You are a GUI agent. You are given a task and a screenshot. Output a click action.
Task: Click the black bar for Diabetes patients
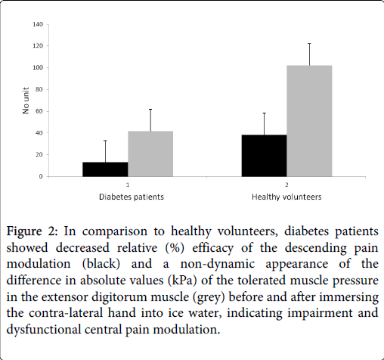[105, 169]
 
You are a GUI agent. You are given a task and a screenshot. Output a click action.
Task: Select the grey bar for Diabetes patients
[150, 154]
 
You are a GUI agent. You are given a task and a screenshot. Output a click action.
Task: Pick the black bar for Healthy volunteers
[264, 156]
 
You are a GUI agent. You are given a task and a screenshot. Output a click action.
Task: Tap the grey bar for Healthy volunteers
[309, 121]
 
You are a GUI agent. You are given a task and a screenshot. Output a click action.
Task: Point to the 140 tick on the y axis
[38, 24]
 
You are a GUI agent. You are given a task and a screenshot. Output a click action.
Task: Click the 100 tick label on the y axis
[38, 67]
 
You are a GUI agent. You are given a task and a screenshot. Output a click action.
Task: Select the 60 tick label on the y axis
[39, 111]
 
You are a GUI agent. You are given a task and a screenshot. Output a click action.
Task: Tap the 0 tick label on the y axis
[41, 176]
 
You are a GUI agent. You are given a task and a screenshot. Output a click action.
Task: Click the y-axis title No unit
[26, 101]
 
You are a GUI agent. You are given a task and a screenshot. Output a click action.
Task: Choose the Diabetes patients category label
[132, 197]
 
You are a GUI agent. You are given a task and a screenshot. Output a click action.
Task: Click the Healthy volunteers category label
[286, 197]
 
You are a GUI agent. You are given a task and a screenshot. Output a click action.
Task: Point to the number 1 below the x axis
[128, 185]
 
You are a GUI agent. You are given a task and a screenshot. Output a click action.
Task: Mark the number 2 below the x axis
[286, 185]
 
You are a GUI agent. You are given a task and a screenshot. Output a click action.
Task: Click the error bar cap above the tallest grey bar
[309, 44]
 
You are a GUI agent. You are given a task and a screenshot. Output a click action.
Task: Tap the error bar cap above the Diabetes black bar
[105, 141]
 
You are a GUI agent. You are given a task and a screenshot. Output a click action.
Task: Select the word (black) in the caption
[101, 264]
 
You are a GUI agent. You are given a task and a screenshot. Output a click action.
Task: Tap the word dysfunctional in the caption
[43, 330]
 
